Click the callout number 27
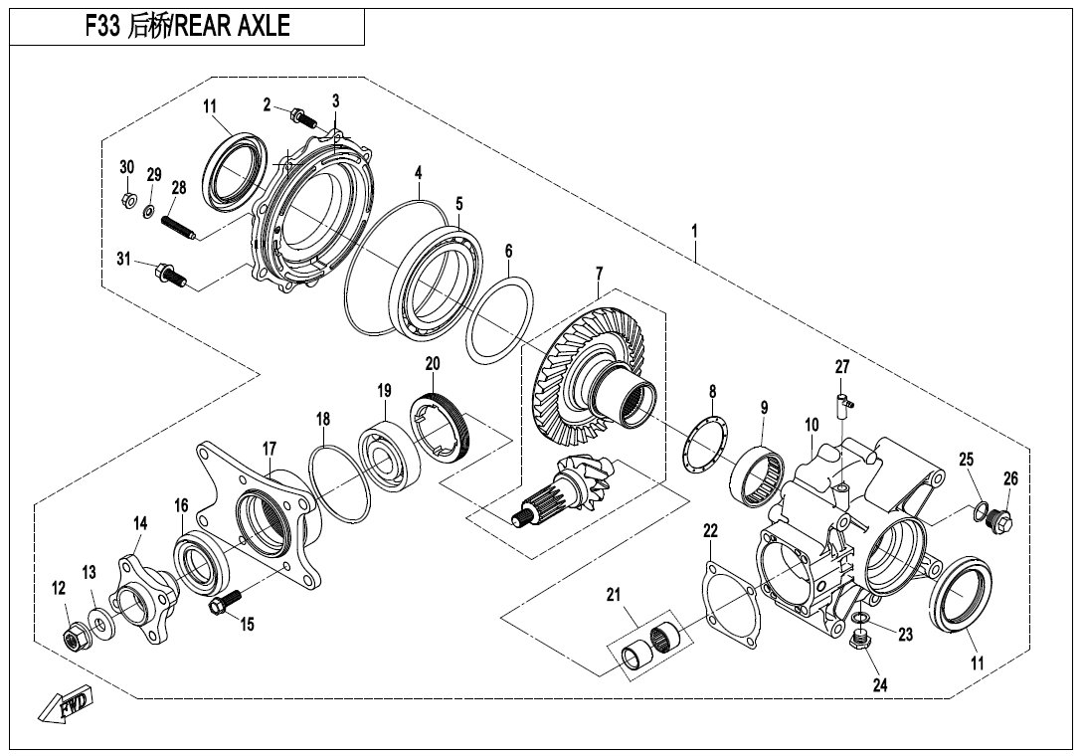pyautogui.click(x=842, y=368)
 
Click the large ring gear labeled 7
pyautogui.click(x=587, y=375)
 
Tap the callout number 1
pyautogui.click(x=694, y=231)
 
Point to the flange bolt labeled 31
pyautogui.click(x=166, y=275)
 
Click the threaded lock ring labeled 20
pyautogui.click(x=442, y=426)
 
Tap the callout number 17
pyautogui.click(x=270, y=450)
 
